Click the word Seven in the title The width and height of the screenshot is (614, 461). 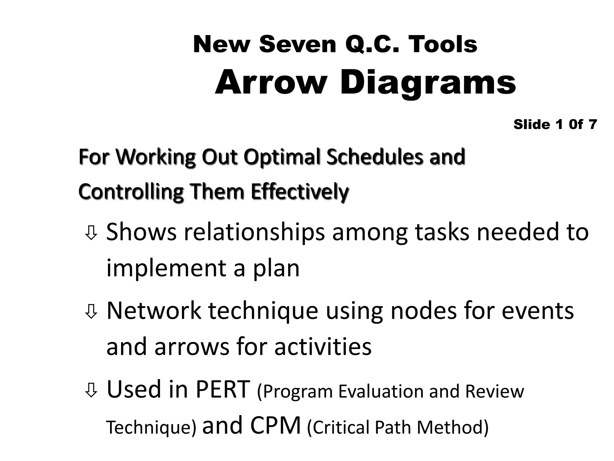point(297,45)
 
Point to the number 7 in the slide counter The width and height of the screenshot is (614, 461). point(592,124)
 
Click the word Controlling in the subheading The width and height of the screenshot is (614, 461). point(131,192)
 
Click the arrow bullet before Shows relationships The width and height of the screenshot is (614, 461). point(91,233)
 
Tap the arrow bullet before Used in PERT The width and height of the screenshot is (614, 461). point(91,390)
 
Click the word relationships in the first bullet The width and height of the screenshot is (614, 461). point(254,233)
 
